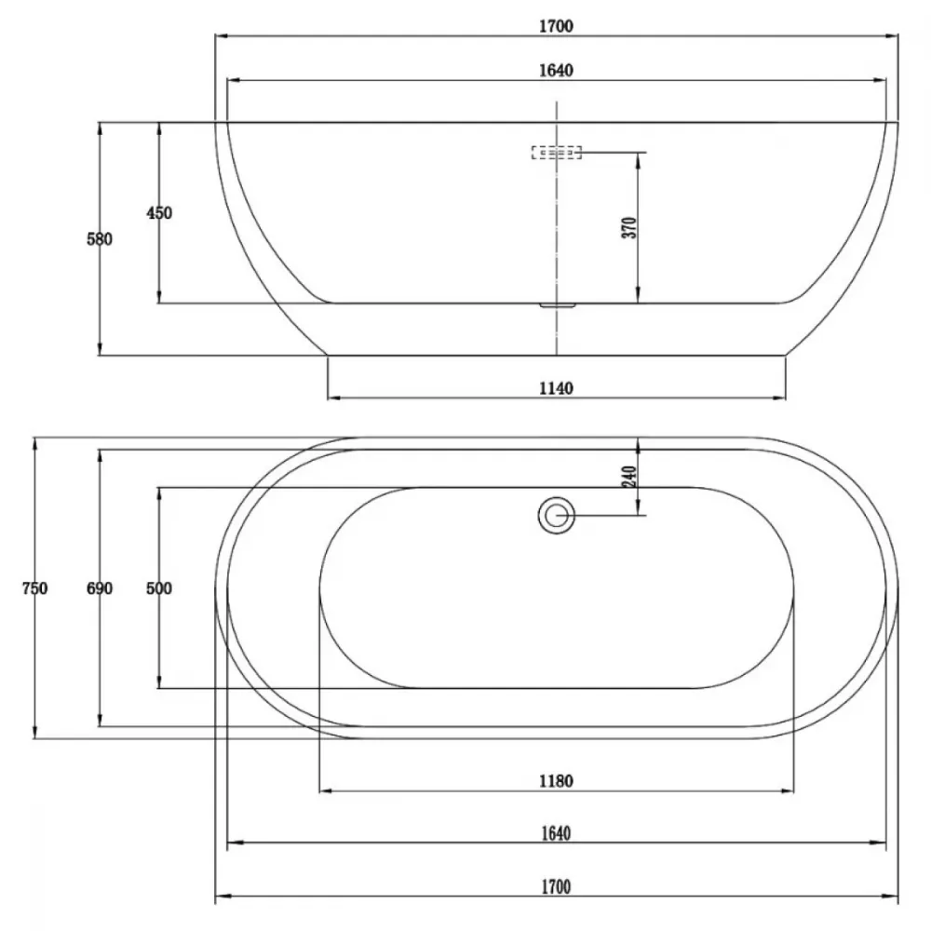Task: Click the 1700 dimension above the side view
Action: point(557,26)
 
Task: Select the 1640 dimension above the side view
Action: point(557,71)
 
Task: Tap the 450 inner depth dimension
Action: point(159,212)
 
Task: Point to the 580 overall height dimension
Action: point(100,239)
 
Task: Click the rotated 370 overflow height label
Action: point(630,227)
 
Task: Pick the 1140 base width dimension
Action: point(557,388)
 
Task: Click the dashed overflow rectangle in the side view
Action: point(557,153)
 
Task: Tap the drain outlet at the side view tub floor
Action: point(558,305)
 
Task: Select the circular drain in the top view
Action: point(557,515)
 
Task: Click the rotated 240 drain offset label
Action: point(630,476)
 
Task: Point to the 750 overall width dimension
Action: point(34,588)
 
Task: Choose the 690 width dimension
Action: point(100,588)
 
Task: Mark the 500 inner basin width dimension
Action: point(159,588)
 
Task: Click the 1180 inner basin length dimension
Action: point(557,781)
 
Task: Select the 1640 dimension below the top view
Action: point(557,833)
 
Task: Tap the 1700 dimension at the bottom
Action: point(557,887)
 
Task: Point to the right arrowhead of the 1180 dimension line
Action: point(788,790)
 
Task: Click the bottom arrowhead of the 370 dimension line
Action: point(639,296)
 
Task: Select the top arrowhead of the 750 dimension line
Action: point(35,445)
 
